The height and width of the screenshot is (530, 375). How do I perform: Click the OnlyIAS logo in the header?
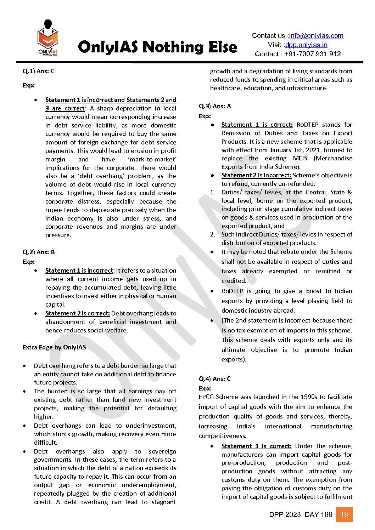(x=47, y=38)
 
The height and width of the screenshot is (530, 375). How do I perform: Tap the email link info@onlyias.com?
(x=316, y=36)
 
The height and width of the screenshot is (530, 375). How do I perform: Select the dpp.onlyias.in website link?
(x=306, y=45)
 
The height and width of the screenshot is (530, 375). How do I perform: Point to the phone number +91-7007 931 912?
(x=312, y=54)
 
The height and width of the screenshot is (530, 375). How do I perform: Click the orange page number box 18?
(x=344, y=514)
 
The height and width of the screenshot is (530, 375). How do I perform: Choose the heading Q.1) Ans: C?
(x=39, y=71)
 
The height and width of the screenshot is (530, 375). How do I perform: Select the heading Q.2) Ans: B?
(x=39, y=252)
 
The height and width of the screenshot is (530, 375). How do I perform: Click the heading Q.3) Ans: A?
(x=215, y=106)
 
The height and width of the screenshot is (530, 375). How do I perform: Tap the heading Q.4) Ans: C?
(x=215, y=379)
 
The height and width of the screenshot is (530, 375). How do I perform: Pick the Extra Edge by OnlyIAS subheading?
(x=54, y=347)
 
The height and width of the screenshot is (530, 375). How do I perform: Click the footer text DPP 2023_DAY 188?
(x=301, y=514)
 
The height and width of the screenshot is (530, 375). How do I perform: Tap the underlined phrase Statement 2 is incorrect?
(x=256, y=175)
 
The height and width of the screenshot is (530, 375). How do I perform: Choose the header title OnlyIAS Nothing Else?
(x=157, y=47)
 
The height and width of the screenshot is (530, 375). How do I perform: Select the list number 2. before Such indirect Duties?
(x=212, y=234)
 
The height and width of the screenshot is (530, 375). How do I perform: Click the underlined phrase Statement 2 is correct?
(x=77, y=313)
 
